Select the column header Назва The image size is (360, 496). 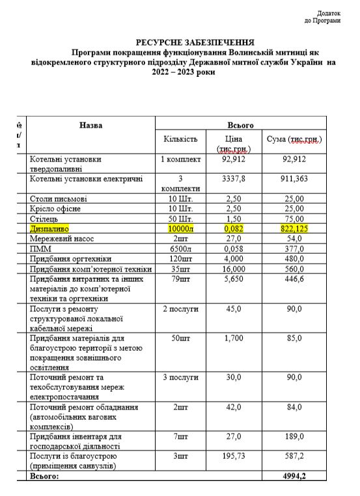[x=91, y=125]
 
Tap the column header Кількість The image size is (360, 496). [x=180, y=139]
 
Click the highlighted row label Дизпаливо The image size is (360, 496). [x=49, y=230]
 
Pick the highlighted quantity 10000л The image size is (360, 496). [x=180, y=230]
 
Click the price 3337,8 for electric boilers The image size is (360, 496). [x=233, y=179]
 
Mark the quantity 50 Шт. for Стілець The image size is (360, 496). [x=180, y=219]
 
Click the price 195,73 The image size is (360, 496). [x=233, y=457]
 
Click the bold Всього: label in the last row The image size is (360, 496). [x=45, y=477]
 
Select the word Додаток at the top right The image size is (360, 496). [x=328, y=13]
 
